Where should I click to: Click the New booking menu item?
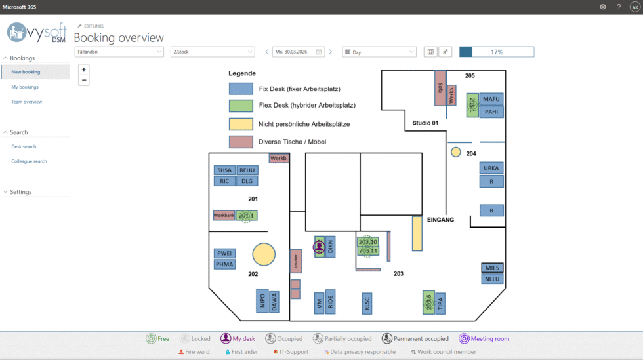point(26,72)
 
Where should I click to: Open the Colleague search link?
point(29,161)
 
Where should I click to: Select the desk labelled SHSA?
point(224,170)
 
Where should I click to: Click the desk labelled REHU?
point(247,170)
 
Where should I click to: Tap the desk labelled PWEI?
point(224,253)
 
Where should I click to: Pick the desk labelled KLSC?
point(367,304)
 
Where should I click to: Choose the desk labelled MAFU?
point(491,99)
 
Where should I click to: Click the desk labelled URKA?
point(491,168)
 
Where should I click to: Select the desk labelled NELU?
point(491,279)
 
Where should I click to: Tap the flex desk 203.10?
point(368,242)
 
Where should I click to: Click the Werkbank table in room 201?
point(224,215)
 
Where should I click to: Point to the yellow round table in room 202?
point(264,254)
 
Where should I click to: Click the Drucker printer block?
point(296,261)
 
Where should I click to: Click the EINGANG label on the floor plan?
point(440,220)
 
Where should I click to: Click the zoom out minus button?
point(84,80)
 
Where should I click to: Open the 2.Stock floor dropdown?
point(212,52)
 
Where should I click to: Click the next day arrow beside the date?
point(330,52)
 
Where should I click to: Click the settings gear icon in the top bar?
point(602,7)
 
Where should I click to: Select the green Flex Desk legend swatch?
point(241,106)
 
